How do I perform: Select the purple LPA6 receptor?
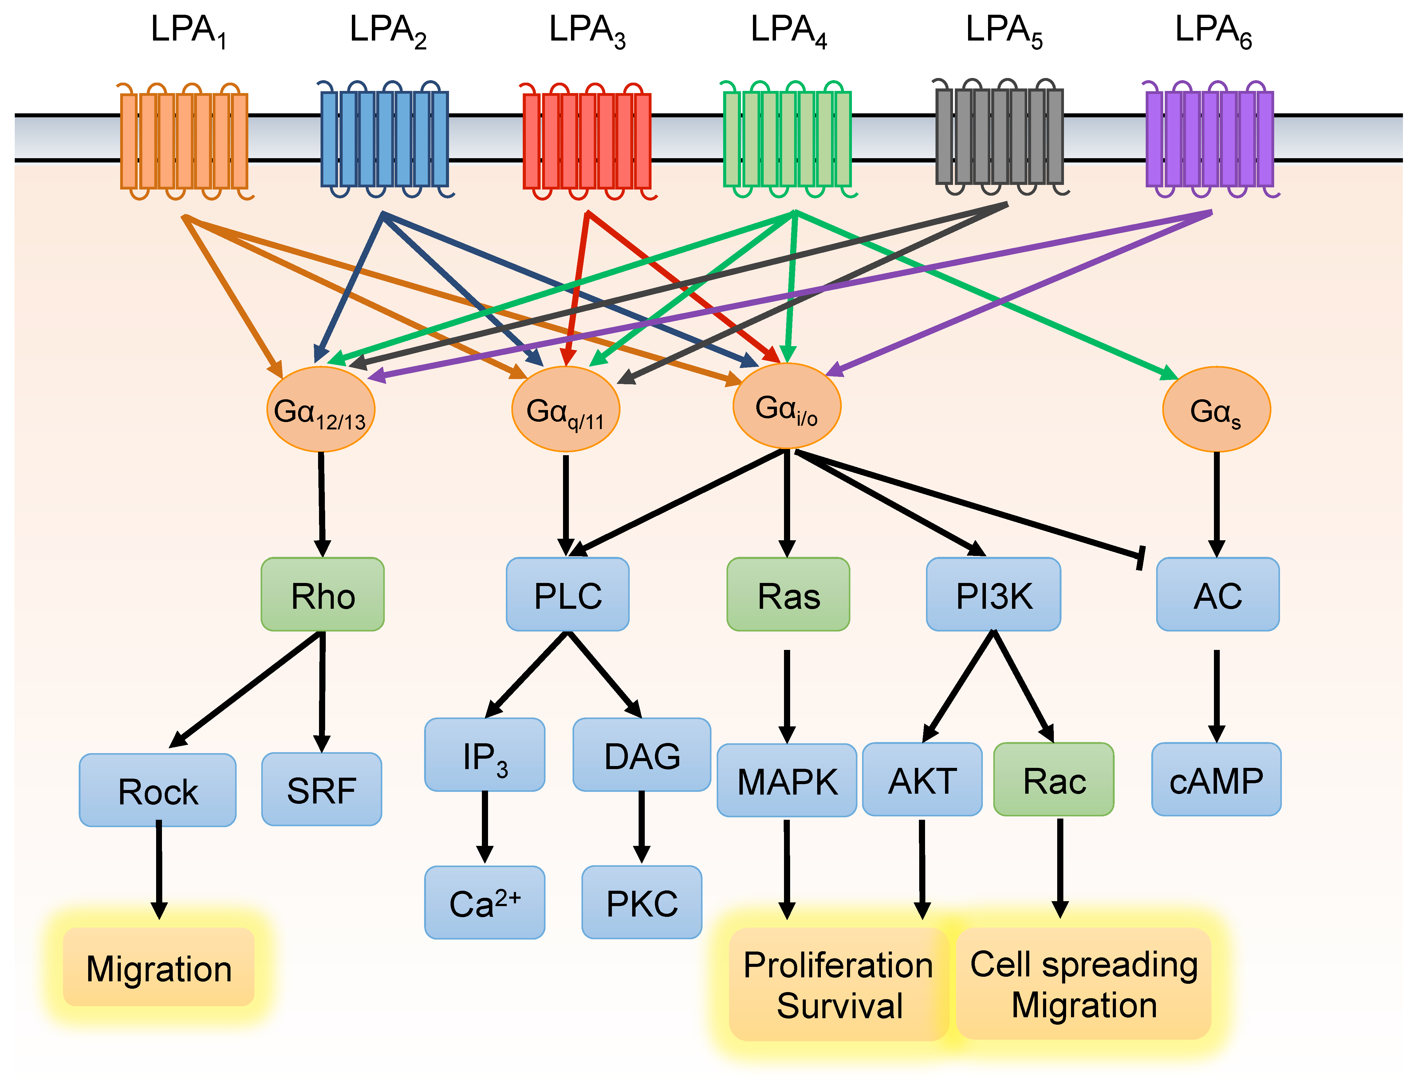(x=1209, y=139)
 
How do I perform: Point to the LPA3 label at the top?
(x=587, y=31)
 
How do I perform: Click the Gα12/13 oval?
(x=321, y=409)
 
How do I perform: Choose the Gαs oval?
(x=1216, y=409)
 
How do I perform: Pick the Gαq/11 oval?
(x=565, y=409)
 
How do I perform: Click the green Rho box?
(x=322, y=594)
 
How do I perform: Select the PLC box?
(x=567, y=594)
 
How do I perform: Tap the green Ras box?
(x=788, y=594)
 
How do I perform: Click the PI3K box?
(x=993, y=594)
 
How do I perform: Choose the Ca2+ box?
(x=484, y=902)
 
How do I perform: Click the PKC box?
(x=642, y=902)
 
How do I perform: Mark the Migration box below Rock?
(x=159, y=967)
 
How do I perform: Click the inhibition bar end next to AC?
(x=1140, y=557)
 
